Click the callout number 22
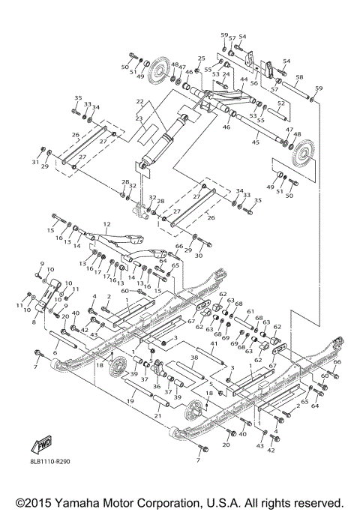(x=139, y=101)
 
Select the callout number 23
(x=139, y=118)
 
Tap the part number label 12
(x=106, y=223)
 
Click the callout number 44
(x=244, y=79)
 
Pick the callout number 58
(x=298, y=77)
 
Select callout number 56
(x=253, y=84)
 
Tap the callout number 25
(x=201, y=58)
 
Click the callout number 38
(x=193, y=358)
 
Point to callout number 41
(x=213, y=343)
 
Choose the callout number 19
(x=130, y=402)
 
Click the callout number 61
(x=251, y=311)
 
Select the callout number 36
(x=156, y=387)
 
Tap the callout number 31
(x=34, y=161)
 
